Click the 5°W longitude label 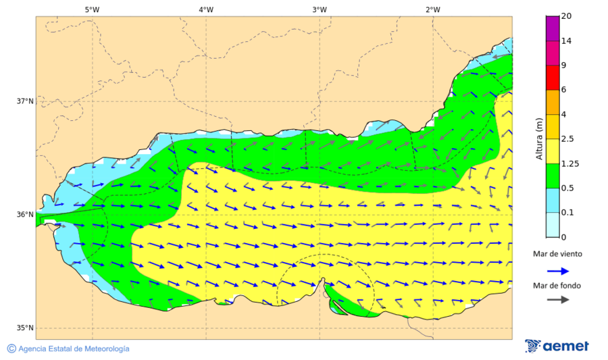pyautogui.click(x=92, y=9)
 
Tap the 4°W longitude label pyautogui.click(x=205, y=9)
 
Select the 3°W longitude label pyautogui.click(x=319, y=9)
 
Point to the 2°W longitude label pyautogui.click(x=432, y=9)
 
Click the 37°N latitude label pyautogui.click(x=25, y=101)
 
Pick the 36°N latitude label pyautogui.click(x=25, y=215)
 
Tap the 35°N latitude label pyautogui.click(x=25, y=328)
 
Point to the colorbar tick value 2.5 pyautogui.click(x=567, y=139)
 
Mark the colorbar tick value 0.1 pyautogui.click(x=567, y=213)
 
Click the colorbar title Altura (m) pyautogui.click(x=539, y=138)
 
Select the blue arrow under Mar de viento pyautogui.click(x=557, y=270)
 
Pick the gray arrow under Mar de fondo pyautogui.click(x=557, y=300)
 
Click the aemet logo pyautogui.click(x=557, y=346)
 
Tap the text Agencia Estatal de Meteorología pyautogui.click(x=74, y=349)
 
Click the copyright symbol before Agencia pyautogui.click(x=11, y=349)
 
